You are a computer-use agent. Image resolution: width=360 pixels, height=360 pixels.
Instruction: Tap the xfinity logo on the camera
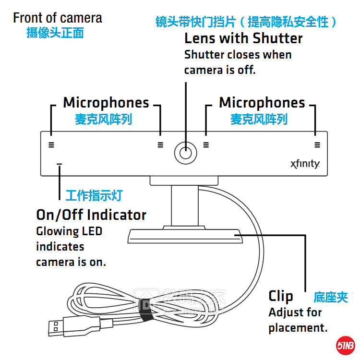coord(305,164)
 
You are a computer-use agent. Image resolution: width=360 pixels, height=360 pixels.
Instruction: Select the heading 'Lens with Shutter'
coord(243,38)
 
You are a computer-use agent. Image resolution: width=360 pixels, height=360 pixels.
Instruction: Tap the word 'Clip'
coord(281,296)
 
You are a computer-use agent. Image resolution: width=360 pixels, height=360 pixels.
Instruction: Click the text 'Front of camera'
coord(58,18)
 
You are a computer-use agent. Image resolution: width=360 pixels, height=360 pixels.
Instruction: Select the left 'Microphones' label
coord(106,103)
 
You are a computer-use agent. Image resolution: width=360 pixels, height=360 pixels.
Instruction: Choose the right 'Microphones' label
coord(262,103)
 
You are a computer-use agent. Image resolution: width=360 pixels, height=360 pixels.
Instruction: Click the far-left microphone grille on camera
coord(51,144)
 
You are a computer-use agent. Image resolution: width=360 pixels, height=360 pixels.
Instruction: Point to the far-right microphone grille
coord(317,144)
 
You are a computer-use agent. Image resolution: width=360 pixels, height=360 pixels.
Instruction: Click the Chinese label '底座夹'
coord(330,297)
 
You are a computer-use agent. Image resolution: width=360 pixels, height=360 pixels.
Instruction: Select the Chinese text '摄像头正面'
coord(55,33)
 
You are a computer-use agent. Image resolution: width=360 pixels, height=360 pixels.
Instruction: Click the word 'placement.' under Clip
coord(298,328)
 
